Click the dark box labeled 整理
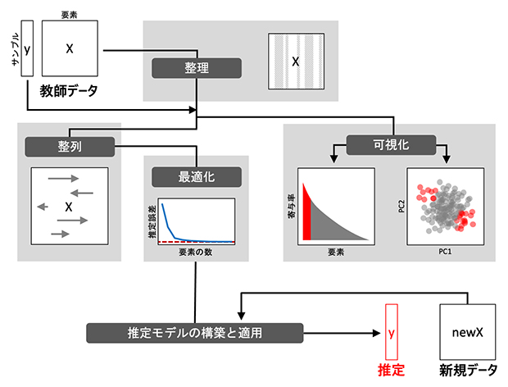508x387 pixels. (196, 67)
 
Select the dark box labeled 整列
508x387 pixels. (69, 146)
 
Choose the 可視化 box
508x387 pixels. (389, 145)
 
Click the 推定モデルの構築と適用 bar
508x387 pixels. (194, 333)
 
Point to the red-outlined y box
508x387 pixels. (391, 333)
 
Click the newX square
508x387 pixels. (469, 332)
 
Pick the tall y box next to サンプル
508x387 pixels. (26, 49)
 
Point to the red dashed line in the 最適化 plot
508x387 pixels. (197, 243)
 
